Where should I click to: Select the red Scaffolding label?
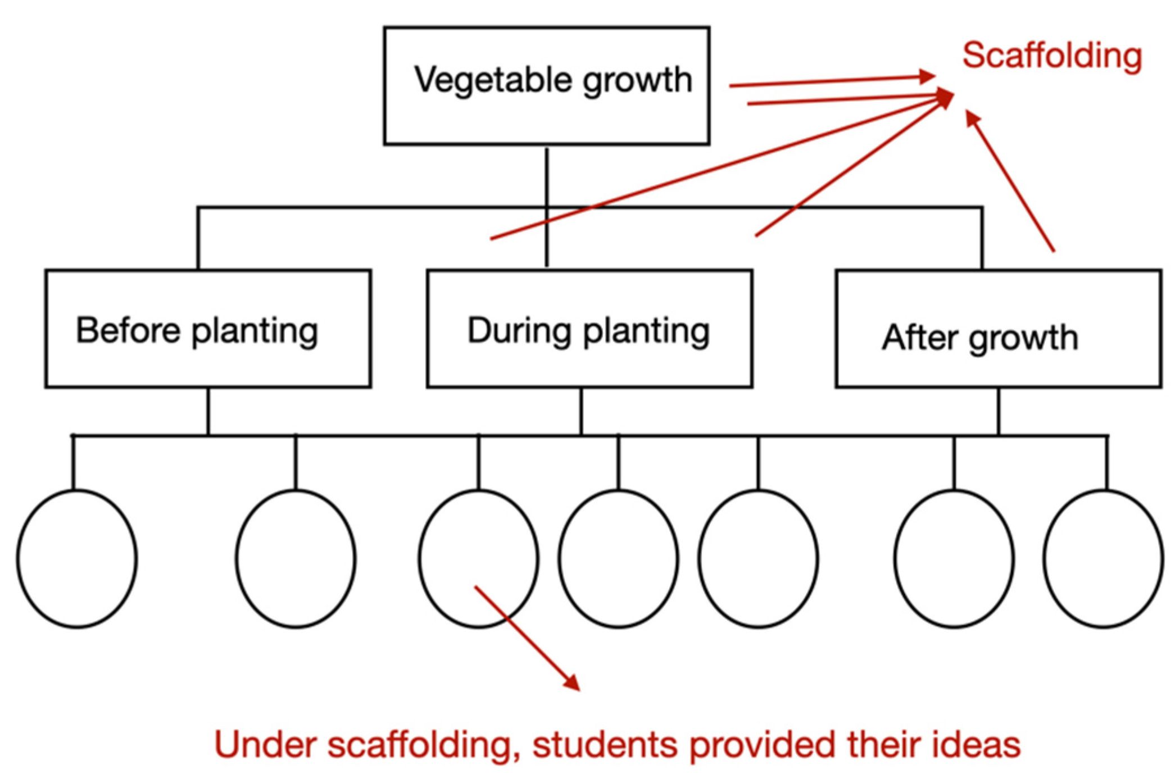tap(1052, 56)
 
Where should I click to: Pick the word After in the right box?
tap(919, 338)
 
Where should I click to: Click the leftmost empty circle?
tap(77, 559)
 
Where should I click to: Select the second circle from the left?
tap(296, 559)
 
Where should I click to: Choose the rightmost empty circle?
tap(1103, 559)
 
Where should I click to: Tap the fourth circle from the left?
tap(618, 559)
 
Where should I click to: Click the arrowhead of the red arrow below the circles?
tap(573, 684)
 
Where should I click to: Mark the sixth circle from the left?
tap(954, 559)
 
